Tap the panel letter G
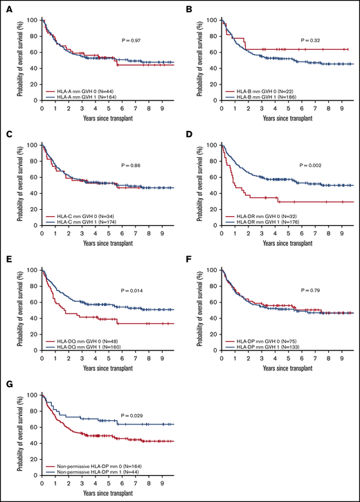[x=8, y=382]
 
